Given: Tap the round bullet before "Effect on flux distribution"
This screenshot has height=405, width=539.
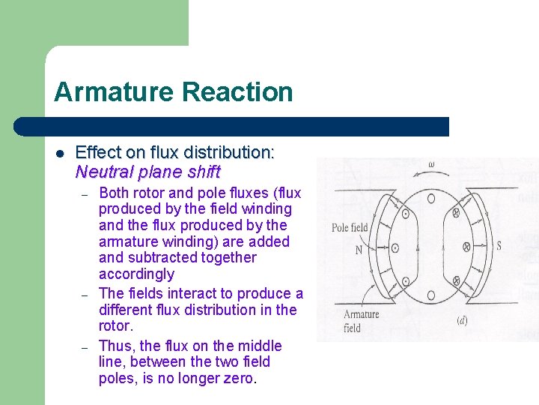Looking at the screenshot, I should (60, 154).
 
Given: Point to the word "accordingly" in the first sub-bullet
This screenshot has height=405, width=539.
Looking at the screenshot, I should (136, 274).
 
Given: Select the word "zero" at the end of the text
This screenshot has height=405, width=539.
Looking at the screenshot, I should (239, 378).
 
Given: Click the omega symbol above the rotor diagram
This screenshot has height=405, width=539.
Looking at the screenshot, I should (431, 164).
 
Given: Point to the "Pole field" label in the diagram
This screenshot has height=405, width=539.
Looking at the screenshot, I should (350, 227).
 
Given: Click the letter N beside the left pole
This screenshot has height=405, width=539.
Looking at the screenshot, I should (359, 250).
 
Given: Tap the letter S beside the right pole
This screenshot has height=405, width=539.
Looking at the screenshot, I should (499, 246).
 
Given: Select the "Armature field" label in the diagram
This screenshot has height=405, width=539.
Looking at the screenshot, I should (362, 321).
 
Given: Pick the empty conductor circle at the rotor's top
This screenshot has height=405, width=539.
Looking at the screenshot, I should (431, 198).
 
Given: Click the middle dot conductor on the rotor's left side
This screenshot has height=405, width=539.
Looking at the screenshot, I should (395, 247).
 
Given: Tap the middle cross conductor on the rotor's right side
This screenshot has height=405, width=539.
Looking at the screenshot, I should (466, 246).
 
